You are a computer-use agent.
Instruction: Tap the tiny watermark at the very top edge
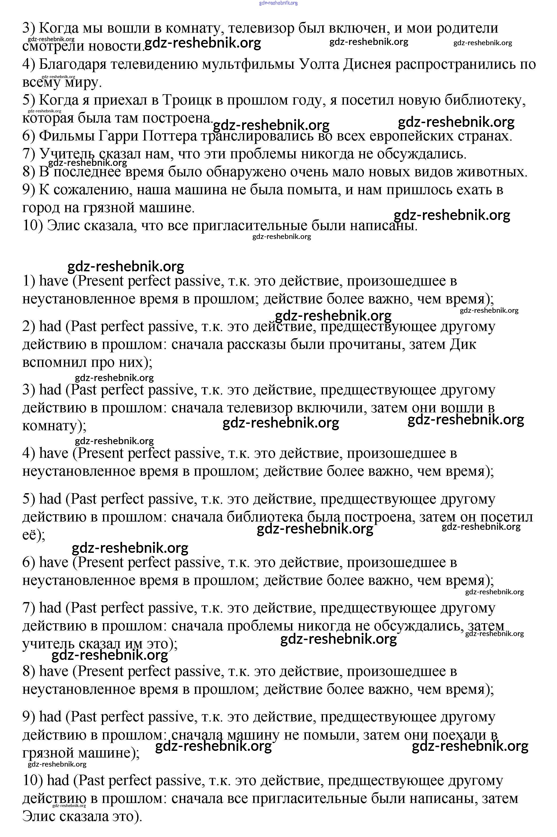coord(279,3)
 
